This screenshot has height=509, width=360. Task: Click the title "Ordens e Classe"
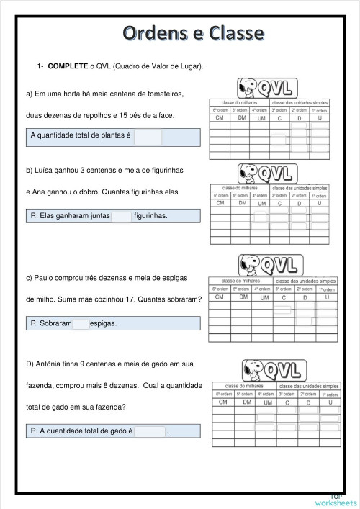tap(192, 32)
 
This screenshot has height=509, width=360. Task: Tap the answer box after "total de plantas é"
tap(148, 137)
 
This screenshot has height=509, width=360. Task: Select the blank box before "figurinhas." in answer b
tap(122, 215)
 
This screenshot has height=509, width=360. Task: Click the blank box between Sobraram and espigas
tap(81, 323)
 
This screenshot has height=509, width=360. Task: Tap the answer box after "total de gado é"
tap(150, 431)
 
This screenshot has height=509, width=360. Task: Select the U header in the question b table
tap(319, 204)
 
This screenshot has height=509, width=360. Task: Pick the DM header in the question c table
tap(243, 297)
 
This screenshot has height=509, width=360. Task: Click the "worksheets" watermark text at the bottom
tap(336, 502)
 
